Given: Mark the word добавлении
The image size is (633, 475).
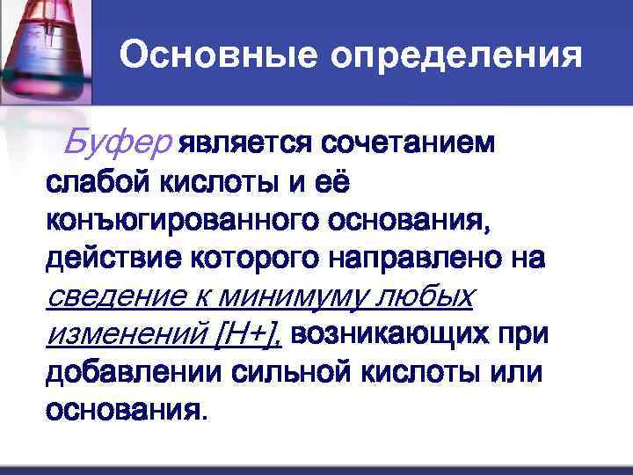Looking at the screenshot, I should tap(133, 373).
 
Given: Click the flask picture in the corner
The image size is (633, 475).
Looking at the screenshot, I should tap(44, 53).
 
